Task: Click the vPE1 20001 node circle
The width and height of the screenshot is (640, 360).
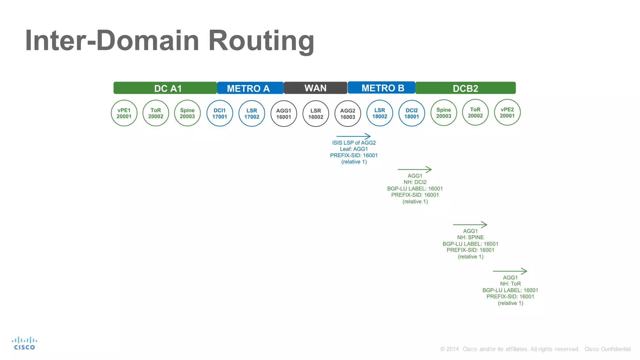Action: pyautogui.click(x=124, y=113)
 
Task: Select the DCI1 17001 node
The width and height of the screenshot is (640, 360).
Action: pyautogui.click(x=220, y=113)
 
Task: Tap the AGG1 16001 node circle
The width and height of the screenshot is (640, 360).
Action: pyautogui.click(x=283, y=114)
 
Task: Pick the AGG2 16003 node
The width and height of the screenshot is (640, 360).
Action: pyautogui.click(x=347, y=114)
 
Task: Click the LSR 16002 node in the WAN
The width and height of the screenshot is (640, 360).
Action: pyautogui.click(x=316, y=114)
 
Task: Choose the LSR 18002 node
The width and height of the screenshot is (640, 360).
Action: pyautogui.click(x=380, y=113)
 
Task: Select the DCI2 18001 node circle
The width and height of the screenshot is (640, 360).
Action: pyautogui.click(x=412, y=113)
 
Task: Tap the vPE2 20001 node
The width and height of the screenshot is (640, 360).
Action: pyautogui.click(x=507, y=112)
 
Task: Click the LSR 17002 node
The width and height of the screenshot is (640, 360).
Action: pyautogui.click(x=252, y=113)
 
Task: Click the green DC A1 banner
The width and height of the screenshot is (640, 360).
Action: pyautogui.click(x=165, y=88)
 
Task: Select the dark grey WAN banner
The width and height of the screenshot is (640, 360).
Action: pyautogui.click(x=315, y=88)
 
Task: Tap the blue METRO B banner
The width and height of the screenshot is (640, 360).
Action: pyautogui.click(x=381, y=88)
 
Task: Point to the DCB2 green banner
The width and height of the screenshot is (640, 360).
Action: pyautogui.click(x=465, y=88)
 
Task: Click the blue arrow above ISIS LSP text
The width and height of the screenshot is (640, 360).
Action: pyautogui.click(x=353, y=136)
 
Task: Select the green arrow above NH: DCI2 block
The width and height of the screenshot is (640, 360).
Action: pyautogui.click(x=414, y=169)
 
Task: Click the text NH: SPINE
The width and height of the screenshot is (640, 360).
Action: pyautogui.click(x=470, y=237)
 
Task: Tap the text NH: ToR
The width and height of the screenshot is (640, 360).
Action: pyautogui.click(x=510, y=284)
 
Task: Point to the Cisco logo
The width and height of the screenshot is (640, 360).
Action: pyautogui.click(x=24, y=343)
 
